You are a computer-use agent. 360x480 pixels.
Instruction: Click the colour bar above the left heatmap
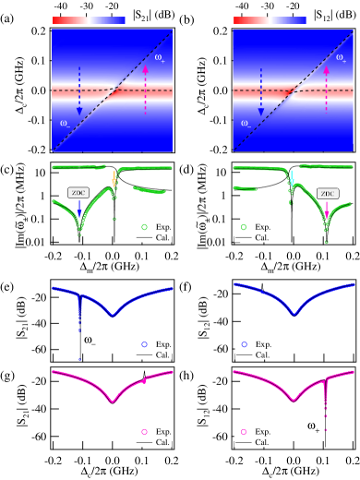point(89,20)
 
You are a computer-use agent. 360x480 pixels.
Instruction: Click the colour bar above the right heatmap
point(270,20)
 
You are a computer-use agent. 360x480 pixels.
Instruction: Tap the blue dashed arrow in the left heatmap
point(79,90)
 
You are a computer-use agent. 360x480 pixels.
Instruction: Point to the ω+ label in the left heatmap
point(160,58)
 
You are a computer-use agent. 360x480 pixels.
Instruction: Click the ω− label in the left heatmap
point(65,122)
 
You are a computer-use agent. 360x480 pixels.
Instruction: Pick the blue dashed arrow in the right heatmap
point(260,90)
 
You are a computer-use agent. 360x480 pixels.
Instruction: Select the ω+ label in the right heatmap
point(341,58)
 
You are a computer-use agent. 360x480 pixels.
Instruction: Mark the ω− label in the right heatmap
point(246,122)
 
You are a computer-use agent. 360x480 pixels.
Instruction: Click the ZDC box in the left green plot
point(78,194)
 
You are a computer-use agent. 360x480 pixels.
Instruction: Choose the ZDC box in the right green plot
point(328,194)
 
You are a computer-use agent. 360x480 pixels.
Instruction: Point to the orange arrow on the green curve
point(114,178)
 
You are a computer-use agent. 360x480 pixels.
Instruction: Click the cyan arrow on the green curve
point(292,178)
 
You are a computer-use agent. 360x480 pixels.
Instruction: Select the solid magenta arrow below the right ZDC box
point(327,212)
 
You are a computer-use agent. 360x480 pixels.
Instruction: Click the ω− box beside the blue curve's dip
point(90,340)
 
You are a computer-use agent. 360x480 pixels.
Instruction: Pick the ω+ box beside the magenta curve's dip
point(314,426)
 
